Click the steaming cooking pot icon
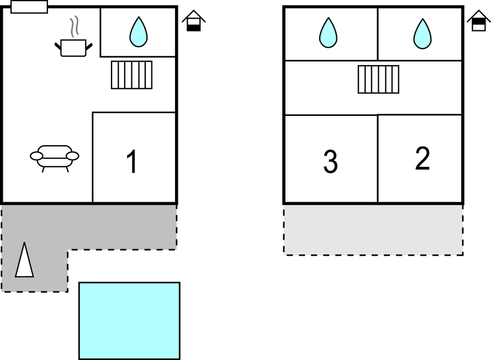73,47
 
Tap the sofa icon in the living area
54,156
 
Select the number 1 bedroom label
131,162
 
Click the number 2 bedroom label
422,159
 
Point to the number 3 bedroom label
330,162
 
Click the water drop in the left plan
138,32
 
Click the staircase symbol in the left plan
131,75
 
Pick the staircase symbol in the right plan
378,80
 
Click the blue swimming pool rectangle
129,321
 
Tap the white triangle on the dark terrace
24,260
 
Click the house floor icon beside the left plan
194,22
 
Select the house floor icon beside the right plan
478,22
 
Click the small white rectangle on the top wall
29,7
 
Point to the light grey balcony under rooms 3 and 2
373,230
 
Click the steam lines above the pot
75,27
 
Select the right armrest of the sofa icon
72,156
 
